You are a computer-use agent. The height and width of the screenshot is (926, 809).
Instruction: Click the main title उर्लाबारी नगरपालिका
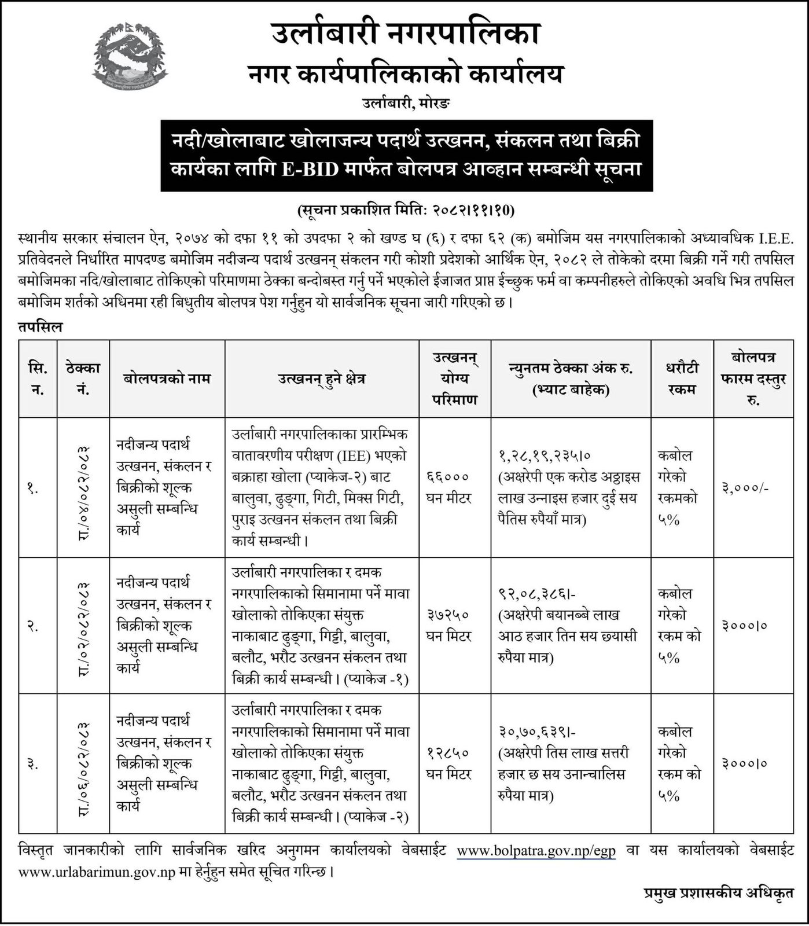click(x=404, y=34)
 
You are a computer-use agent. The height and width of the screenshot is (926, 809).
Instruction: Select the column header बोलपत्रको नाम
click(x=167, y=379)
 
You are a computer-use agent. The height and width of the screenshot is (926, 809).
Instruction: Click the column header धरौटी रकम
click(x=682, y=379)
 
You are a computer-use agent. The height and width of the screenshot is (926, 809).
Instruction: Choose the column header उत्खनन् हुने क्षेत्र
click(x=322, y=379)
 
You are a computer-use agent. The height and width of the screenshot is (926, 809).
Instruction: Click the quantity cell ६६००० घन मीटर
click(x=455, y=487)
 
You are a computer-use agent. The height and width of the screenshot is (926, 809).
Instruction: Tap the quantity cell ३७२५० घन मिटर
click(x=455, y=625)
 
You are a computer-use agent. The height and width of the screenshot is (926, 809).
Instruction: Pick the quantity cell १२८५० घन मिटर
click(x=455, y=763)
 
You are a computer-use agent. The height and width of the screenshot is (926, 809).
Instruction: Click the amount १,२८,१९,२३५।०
click(x=544, y=456)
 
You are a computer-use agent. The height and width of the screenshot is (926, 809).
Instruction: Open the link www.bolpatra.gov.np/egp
click(x=536, y=851)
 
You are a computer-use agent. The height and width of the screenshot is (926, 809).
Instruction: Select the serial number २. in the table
click(x=33, y=626)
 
